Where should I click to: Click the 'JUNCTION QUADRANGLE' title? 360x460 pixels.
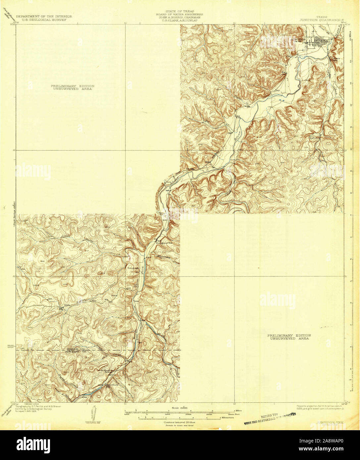click(x=322, y=20)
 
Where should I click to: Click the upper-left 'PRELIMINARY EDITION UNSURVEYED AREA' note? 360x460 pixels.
click(x=73, y=87)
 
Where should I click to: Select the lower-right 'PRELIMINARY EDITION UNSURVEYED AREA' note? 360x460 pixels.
click(x=289, y=337)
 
